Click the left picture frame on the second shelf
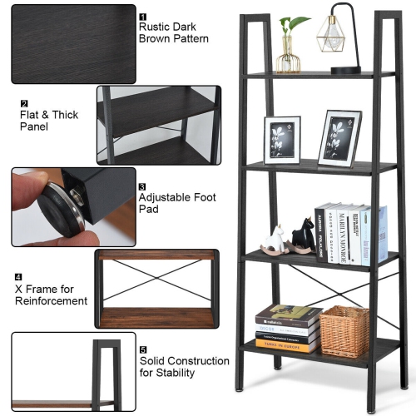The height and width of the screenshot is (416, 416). point(282,140)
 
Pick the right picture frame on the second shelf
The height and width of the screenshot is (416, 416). point(339,137)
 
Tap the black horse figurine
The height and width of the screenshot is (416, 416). point(300,236)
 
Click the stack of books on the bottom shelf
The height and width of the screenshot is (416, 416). point(287,328)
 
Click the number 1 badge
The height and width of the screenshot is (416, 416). point(142,16)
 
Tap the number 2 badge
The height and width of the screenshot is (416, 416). point(24,103)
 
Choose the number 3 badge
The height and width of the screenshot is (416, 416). point(142,187)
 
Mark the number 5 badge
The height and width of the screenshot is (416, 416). point(142,350)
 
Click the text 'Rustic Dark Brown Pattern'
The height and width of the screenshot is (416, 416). point(173,32)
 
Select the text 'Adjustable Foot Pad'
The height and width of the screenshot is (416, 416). point(177,203)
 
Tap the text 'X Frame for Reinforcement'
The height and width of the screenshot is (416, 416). point(49,295)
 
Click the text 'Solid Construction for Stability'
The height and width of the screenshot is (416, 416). point(184,367)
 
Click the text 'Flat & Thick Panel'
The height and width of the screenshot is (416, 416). point(49,121)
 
